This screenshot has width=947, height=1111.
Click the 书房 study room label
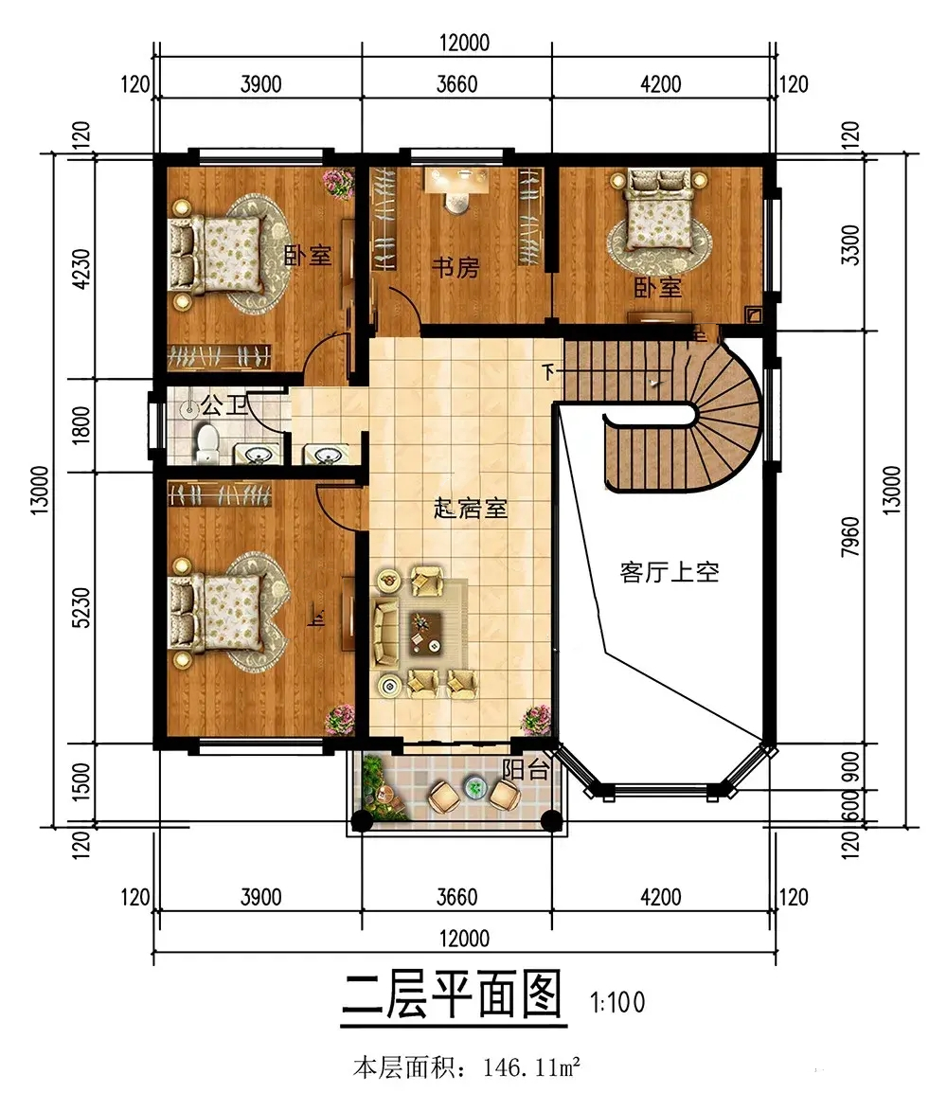tap(456, 268)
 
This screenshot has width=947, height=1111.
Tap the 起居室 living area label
tap(471, 508)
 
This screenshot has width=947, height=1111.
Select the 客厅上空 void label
tap(670, 572)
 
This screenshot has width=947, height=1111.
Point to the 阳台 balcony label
tap(526, 769)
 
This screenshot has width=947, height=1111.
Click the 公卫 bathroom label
tap(223, 404)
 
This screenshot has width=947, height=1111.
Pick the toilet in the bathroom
tap(206, 443)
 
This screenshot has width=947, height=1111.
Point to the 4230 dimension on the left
tap(81, 268)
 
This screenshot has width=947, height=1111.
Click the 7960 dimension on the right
tap(850, 536)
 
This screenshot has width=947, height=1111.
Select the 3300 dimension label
tap(850, 244)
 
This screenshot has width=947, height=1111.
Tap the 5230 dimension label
tap(81, 607)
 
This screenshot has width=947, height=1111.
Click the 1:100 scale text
tap(617, 1002)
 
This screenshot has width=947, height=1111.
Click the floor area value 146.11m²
tap(532, 1066)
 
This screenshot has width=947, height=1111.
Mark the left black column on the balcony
tap(362, 820)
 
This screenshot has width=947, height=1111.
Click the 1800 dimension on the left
tap(81, 425)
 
